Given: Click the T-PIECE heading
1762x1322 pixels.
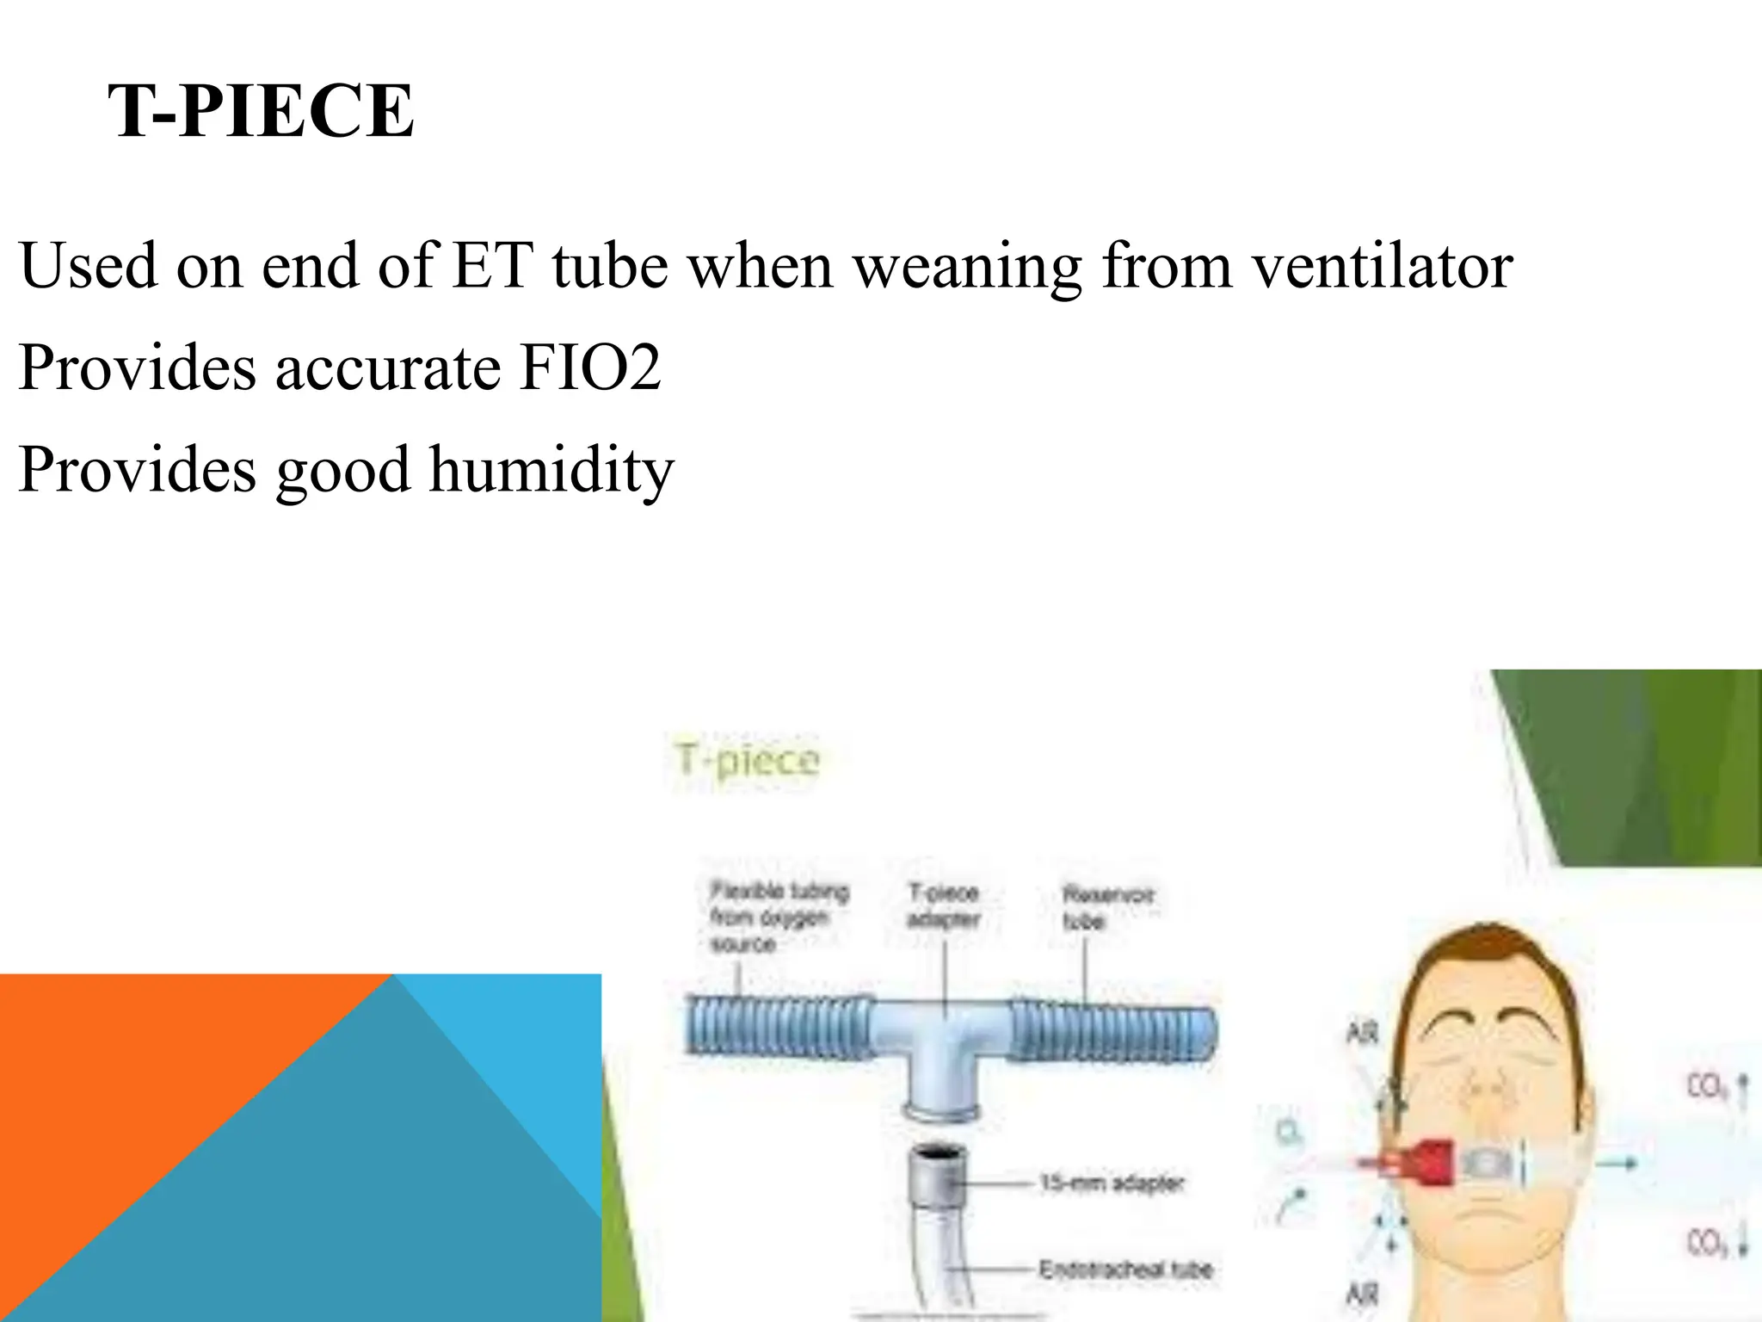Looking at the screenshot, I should tap(261, 112).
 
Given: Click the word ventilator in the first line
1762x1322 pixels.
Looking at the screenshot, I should tap(1382, 266).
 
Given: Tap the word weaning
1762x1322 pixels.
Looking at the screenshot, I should tap(968, 266).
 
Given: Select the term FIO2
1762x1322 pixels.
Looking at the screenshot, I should tap(590, 368).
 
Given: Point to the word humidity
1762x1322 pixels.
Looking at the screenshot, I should tap(551, 470).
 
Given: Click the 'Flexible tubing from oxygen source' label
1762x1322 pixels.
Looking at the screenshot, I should tap(778, 917).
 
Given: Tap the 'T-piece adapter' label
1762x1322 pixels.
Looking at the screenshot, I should tap(944, 905).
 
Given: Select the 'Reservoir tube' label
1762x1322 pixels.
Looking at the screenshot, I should tap(1107, 907).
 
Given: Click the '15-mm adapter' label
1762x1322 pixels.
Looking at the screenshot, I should tap(1112, 1183).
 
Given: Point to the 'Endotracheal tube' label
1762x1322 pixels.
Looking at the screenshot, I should tap(1125, 1269).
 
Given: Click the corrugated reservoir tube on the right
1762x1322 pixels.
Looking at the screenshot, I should tap(1115, 1030).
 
